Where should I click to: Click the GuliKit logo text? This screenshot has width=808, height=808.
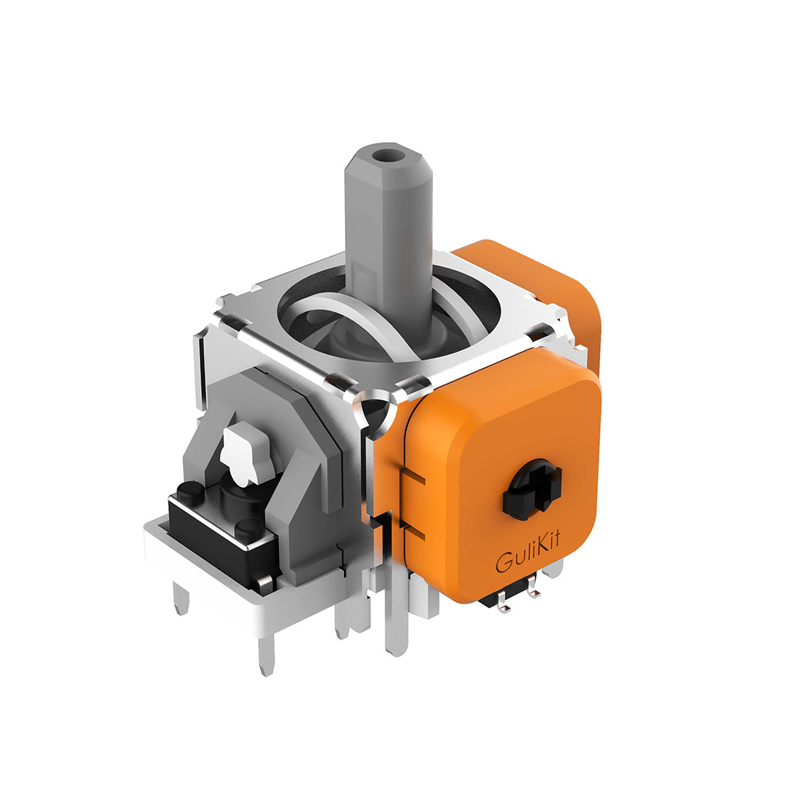pos(527,554)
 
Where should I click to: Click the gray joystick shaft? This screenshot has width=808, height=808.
pos(388,242)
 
